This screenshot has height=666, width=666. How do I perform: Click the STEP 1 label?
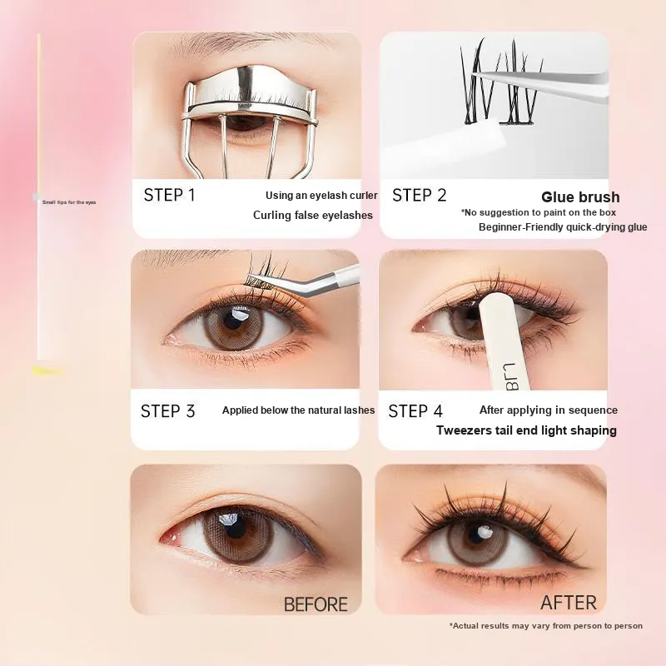point(170,195)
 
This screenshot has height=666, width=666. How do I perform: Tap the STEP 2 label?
point(420,196)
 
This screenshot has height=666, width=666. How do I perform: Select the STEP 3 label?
point(168,411)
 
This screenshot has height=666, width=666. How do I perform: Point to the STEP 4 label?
point(415,411)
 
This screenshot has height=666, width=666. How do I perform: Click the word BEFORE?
point(316,604)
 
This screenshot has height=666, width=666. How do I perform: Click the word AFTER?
point(569,603)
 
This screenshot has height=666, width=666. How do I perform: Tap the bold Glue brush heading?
point(580,197)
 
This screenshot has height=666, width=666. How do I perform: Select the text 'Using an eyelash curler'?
point(321,196)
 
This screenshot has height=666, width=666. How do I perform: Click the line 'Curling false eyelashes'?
point(313,215)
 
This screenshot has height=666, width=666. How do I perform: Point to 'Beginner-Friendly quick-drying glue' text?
point(563,227)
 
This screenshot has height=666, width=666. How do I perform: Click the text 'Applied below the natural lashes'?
point(298,410)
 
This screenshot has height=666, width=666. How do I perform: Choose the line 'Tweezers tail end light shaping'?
point(526,430)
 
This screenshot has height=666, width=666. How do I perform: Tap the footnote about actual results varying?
point(546,626)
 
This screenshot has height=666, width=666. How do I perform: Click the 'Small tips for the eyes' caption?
point(69,202)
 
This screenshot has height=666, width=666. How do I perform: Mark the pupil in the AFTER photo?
point(475,535)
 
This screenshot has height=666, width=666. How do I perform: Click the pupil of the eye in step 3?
point(233,320)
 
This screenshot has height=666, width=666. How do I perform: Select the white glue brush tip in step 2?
point(486,139)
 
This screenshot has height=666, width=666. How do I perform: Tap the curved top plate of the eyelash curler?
point(251,90)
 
